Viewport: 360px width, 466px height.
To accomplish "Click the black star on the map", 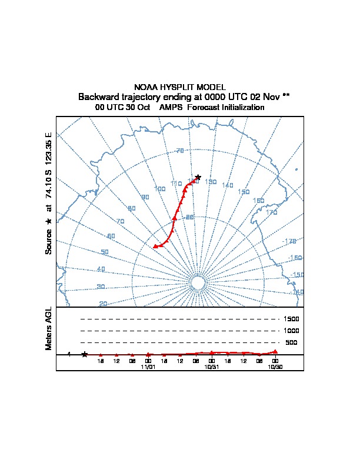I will (198, 177).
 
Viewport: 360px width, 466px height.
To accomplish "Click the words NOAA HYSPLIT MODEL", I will (180, 87).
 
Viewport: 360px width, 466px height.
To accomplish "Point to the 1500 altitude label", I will (291, 319).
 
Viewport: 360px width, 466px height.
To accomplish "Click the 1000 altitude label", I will (291, 331).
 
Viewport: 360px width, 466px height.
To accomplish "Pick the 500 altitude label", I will (291, 342).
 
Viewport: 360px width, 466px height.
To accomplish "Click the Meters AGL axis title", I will (49, 328).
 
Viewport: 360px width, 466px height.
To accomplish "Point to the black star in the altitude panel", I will (85, 354).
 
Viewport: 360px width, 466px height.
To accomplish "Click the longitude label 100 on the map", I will (159, 189).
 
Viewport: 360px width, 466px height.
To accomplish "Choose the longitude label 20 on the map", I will (103, 304).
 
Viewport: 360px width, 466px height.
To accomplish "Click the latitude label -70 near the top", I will (179, 151).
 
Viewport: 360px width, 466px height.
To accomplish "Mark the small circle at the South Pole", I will (198, 284).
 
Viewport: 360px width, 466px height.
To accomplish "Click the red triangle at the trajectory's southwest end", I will (155, 246).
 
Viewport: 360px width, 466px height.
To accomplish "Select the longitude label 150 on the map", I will (244, 192).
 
